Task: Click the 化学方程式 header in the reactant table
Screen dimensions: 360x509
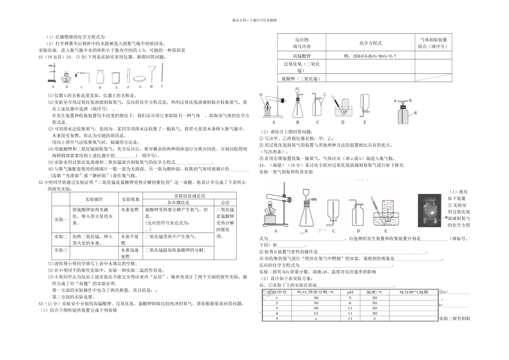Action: (370, 43)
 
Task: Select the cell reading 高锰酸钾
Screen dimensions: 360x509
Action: (294, 56)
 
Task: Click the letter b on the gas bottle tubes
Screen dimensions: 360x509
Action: (410, 100)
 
